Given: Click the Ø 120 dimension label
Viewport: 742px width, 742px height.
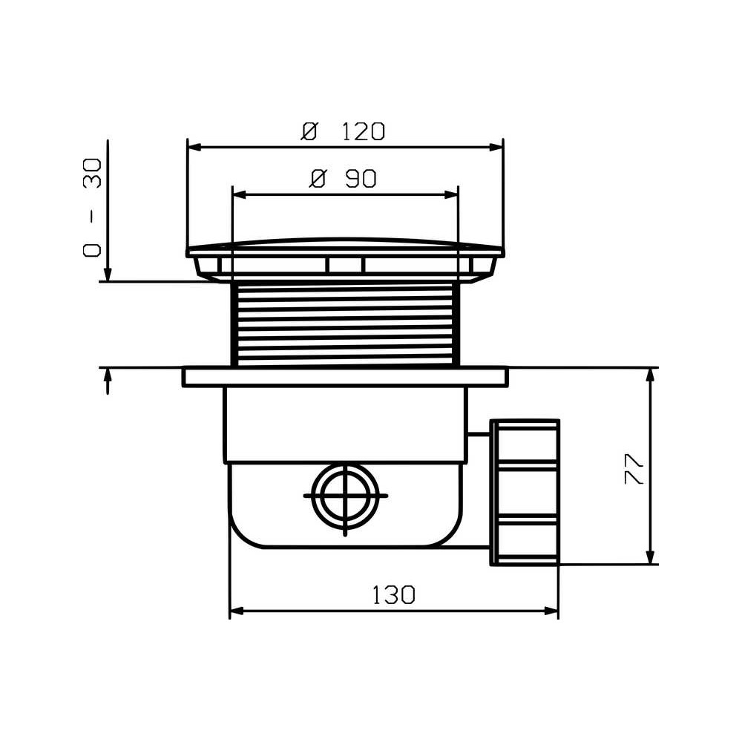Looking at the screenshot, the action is click(344, 131).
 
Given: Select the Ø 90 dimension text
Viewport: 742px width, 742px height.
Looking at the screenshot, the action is click(343, 179).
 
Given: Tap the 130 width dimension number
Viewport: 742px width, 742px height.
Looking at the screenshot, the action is click(394, 595).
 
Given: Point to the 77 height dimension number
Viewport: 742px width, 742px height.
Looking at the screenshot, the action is click(634, 468).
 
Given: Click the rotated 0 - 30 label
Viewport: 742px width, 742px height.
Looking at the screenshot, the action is click(92, 208).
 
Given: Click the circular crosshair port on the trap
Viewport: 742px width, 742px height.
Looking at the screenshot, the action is click(346, 496).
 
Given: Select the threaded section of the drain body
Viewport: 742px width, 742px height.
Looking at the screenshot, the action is click(346, 324).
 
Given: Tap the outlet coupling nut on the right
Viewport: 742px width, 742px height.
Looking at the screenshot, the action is click(525, 492).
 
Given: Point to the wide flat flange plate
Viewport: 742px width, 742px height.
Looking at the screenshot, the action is click(346, 377).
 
